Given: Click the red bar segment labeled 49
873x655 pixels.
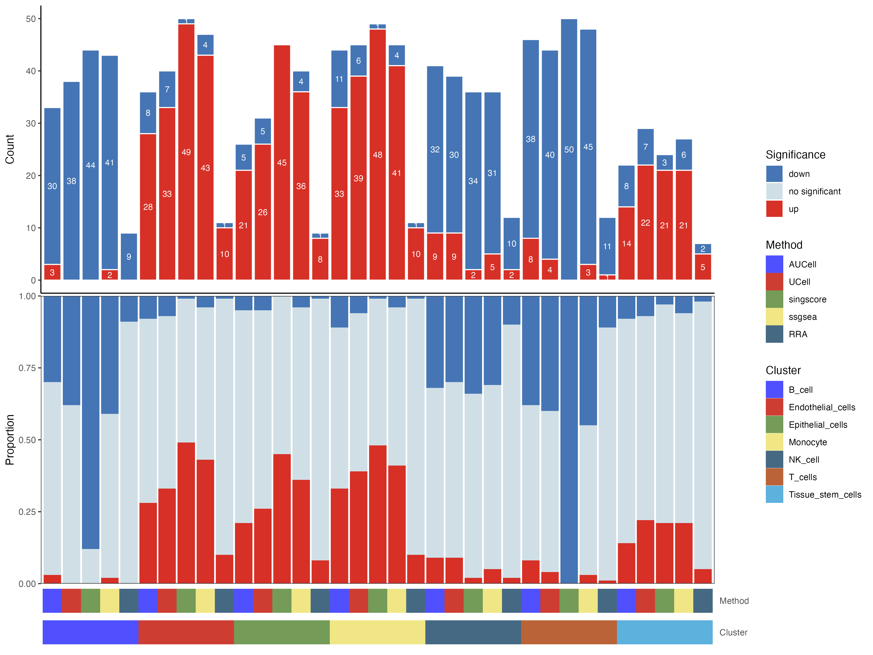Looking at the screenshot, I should [x=186, y=152].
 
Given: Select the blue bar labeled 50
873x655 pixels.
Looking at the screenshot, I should [x=569, y=149].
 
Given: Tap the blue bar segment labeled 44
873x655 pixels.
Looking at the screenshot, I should [x=90, y=165].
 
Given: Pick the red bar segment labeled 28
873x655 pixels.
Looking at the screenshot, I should [x=148, y=207].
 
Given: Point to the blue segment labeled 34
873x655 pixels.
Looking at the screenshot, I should [x=473, y=181].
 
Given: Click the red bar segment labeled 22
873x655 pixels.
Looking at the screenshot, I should [x=645, y=223].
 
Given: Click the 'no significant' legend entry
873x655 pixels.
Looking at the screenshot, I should [x=814, y=191].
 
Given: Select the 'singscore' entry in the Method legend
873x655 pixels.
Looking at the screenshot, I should [x=807, y=299].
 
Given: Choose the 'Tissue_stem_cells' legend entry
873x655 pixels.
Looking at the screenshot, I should [x=824, y=495].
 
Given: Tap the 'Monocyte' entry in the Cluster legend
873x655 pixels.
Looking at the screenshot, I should [x=808, y=442].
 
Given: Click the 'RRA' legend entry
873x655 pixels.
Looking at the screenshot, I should [x=798, y=334].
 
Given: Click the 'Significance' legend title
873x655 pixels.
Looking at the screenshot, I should [x=795, y=155].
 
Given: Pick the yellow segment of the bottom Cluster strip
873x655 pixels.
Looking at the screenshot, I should [x=377, y=632].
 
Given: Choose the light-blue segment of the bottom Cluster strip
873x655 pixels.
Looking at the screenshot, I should [x=665, y=632].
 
